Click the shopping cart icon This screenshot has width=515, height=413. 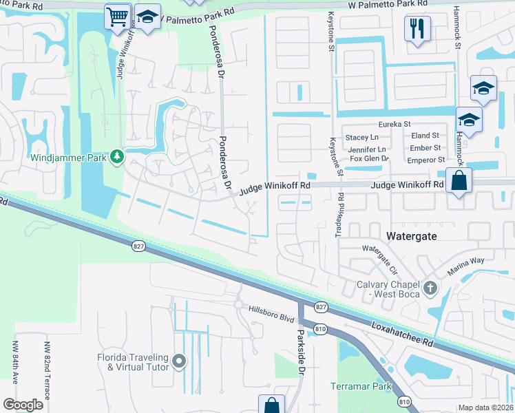point(117,15)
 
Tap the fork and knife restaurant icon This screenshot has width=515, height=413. point(418,28)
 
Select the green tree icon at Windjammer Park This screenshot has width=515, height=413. point(117,157)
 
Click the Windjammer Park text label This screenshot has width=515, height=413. point(68,158)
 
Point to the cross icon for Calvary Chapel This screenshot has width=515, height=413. point(430,288)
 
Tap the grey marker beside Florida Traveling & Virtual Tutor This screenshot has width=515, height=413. point(179,361)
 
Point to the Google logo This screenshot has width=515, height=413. point(23,405)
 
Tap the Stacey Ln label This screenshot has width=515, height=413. point(362,137)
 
